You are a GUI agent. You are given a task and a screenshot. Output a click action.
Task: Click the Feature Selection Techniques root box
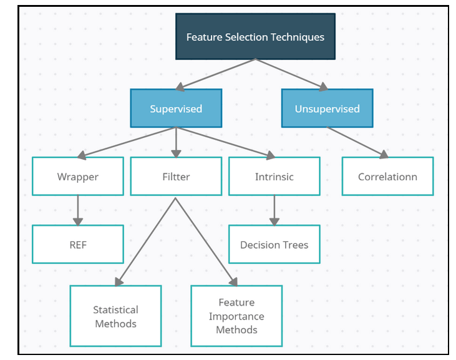point(255,37)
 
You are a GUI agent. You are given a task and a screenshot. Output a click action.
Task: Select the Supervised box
point(176,109)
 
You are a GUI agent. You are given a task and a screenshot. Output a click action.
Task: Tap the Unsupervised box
point(327,109)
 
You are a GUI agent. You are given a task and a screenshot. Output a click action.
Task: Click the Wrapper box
point(78,177)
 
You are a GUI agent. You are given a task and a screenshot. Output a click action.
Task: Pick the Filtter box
point(176,177)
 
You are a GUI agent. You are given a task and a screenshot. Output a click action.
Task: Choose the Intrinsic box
point(274,177)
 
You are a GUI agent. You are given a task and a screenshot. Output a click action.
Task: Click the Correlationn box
point(387,177)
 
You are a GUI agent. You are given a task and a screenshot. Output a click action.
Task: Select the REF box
point(78,245)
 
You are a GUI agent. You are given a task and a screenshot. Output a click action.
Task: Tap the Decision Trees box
point(274,245)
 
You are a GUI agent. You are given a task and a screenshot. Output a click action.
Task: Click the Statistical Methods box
point(115,316)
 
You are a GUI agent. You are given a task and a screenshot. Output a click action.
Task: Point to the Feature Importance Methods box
point(236,316)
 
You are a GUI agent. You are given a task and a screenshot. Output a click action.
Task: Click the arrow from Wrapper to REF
point(78,211)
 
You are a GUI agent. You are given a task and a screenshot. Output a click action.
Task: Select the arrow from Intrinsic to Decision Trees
point(274,211)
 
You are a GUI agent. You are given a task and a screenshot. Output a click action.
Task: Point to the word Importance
point(236,316)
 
